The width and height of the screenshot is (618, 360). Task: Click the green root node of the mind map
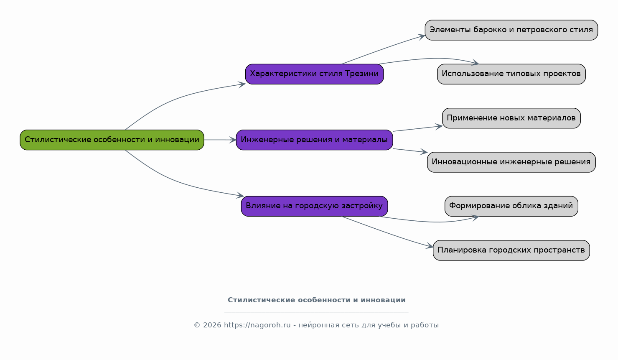112,140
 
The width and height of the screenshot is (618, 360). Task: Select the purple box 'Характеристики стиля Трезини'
314,74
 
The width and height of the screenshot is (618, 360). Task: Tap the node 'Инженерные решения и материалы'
314,140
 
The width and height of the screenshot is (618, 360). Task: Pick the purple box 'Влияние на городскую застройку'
314,206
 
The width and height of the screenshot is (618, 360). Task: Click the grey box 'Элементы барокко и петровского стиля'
511,30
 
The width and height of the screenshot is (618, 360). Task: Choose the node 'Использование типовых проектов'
511,74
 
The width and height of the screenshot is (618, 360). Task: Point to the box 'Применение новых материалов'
511,118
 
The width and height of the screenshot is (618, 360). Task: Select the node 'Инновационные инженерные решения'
511,162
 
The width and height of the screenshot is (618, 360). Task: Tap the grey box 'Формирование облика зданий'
511,206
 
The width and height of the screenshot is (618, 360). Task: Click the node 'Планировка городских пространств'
511,250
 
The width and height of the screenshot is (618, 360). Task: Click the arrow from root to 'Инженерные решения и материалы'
220,140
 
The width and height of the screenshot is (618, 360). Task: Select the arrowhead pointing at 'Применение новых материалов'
439,126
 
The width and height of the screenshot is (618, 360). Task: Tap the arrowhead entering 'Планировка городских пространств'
430,246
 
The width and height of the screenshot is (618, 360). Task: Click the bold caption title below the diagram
316,300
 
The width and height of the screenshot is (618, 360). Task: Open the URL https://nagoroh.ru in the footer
257,325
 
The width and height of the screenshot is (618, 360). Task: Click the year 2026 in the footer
212,325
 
